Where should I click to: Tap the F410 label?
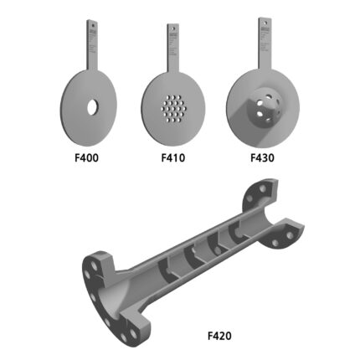click(x=172, y=157)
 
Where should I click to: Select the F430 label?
click(x=262, y=157)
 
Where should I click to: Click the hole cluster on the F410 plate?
click(x=174, y=109)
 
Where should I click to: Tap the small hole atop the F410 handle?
click(x=172, y=28)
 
